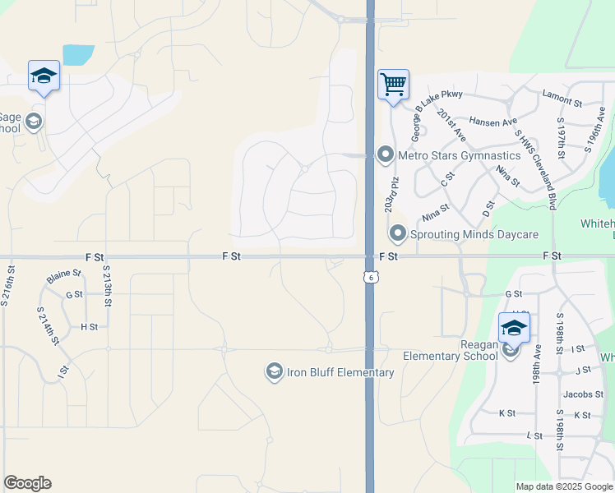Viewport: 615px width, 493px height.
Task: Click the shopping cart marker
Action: [393, 84]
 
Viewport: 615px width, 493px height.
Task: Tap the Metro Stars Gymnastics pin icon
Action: [384, 154]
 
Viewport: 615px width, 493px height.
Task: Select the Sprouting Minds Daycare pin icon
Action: [398, 234]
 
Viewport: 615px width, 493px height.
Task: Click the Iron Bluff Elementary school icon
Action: [273, 372]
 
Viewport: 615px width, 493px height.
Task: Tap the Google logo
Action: [27, 483]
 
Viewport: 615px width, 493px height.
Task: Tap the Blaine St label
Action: [64, 277]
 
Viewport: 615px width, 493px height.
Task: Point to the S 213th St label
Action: [107, 286]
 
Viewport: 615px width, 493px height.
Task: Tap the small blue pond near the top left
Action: [78, 55]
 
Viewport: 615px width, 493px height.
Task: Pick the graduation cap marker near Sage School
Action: [44, 76]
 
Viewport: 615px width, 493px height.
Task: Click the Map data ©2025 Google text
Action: [564, 486]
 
